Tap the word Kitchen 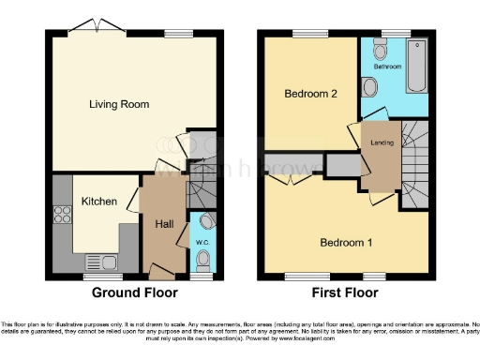(98, 201)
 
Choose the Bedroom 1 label (346, 243)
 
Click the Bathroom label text (387, 67)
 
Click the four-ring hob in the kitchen (63, 213)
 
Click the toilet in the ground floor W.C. (206, 221)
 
